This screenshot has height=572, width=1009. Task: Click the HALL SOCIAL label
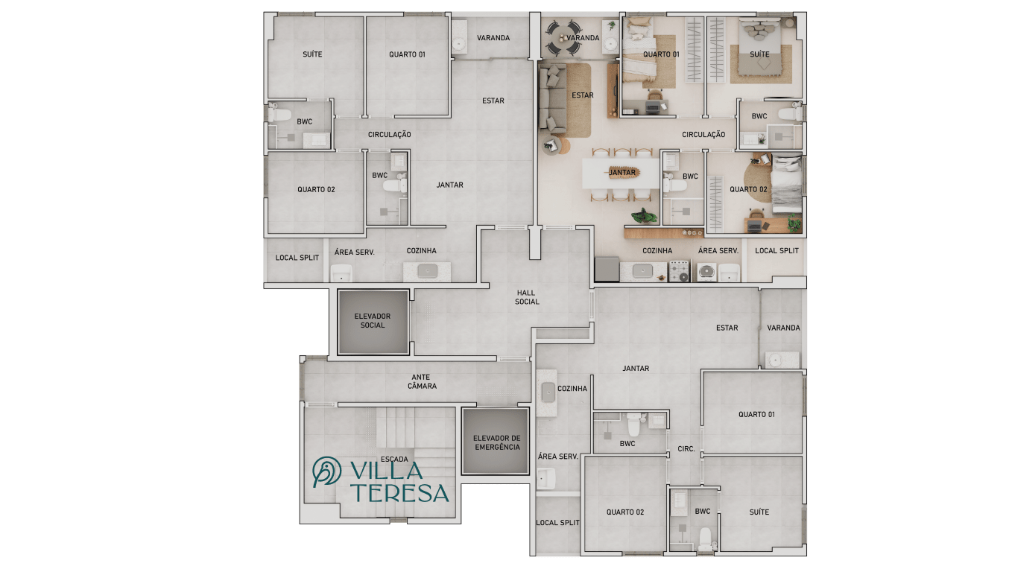coord(527,297)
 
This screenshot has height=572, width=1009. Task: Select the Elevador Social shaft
coord(373,322)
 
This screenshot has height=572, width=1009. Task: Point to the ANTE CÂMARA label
coord(422,381)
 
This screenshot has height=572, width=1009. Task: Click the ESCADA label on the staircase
coord(393,459)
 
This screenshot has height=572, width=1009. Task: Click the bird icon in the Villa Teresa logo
coord(326,471)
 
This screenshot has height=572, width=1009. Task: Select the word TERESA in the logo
coord(401,493)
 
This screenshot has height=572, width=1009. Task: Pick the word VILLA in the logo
coord(386,470)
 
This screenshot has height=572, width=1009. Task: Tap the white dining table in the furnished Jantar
coord(621,174)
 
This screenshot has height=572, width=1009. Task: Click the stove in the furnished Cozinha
coord(679,271)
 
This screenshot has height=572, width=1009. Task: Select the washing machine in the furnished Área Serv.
coord(706,273)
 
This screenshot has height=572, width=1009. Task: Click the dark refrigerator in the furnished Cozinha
coord(607,269)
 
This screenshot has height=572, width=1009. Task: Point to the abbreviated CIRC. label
coord(686,449)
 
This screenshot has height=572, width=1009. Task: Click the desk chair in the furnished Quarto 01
coord(655,95)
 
